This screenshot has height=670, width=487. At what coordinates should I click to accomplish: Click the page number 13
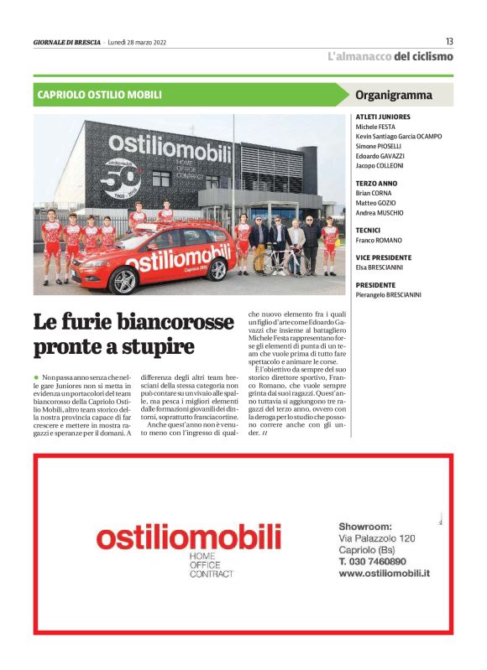[449, 41]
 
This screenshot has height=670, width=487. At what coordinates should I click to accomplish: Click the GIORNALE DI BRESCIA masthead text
[66, 42]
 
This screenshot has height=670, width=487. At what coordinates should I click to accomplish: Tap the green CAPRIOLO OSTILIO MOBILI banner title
[100, 96]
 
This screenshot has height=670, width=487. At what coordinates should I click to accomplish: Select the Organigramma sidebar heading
[394, 96]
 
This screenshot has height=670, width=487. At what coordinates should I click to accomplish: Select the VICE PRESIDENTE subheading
[384, 257]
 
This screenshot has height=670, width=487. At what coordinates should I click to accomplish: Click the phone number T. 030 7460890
[373, 561]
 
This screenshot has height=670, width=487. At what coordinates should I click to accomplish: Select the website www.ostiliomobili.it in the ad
[385, 573]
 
